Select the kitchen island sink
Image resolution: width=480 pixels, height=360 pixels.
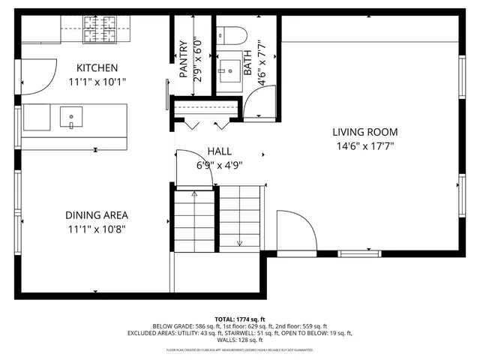click(x=73, y=117)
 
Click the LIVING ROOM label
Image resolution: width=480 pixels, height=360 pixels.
click(x=364, y=132)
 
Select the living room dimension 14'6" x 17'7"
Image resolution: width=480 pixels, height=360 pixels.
click(x=364, y=147)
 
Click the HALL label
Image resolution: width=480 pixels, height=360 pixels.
click(x=220, y=151)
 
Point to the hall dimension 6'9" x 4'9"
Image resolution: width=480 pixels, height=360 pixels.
click(x=220, y=165)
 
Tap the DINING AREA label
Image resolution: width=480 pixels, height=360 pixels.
click(x=97, y=214)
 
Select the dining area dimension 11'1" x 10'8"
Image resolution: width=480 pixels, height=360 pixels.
click(x=97, y=229)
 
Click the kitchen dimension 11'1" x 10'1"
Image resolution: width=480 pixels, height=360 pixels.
click(x=97, y=82)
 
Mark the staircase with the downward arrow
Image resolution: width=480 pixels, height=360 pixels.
click(x=240, y=217)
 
